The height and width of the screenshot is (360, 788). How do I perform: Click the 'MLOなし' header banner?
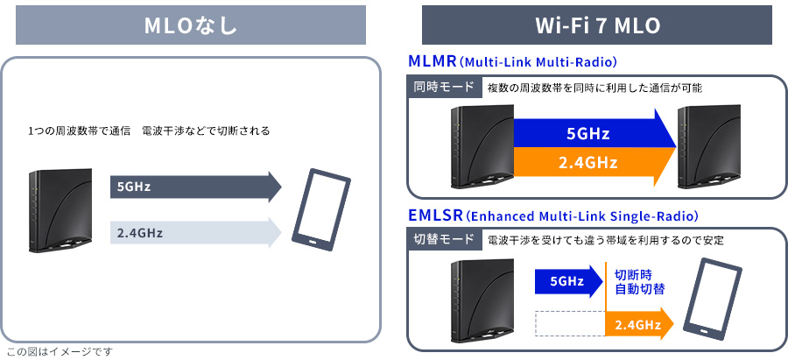click(x=191, y=25)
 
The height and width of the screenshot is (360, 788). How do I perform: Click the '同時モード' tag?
click(x=445, y=88)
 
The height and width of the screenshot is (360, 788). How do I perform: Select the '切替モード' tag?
click(x=445, y=240)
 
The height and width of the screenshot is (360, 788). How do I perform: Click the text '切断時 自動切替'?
click(x=640, y=281)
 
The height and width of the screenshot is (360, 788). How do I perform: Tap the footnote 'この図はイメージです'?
click(x=60, y=352)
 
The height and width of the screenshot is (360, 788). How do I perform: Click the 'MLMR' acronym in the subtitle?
click(x=432, y=62)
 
